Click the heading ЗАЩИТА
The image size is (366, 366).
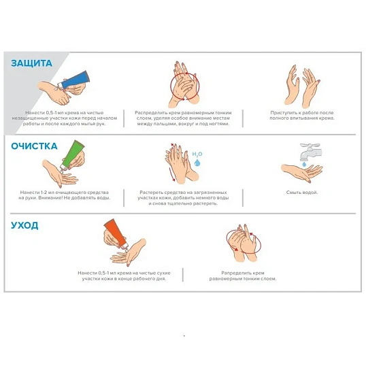(31, 63)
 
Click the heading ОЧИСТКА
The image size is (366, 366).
(34, 146)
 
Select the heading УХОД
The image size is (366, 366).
(24, 226)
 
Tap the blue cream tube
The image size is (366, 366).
(73, 80)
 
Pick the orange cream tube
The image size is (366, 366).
(116, 233)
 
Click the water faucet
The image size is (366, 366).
(311, 152)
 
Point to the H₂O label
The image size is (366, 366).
(197, 154)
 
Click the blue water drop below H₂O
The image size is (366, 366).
(197, 163)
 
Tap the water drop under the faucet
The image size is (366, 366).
(304, 165)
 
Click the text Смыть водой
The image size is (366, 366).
(302, 193)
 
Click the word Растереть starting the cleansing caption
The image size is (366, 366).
(150, 193)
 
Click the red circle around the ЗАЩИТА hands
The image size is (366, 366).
(171, 86)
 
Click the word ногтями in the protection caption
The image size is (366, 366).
(220, 124)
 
